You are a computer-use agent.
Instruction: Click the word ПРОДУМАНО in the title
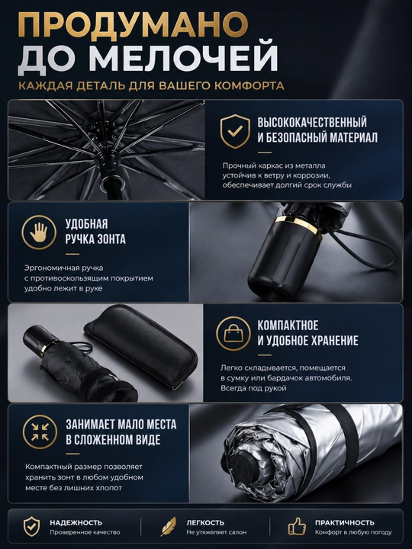133,25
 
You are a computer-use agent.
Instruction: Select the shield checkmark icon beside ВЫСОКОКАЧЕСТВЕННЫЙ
235,131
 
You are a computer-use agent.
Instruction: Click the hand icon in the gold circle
39,232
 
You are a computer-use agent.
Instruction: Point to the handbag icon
233,334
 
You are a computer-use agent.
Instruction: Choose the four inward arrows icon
40,432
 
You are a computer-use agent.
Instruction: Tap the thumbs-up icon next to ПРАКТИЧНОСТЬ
297,526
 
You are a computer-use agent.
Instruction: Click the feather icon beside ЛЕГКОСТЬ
169,526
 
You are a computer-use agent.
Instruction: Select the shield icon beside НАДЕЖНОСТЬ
31,526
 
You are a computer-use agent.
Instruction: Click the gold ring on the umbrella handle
298,227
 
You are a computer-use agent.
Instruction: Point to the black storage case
140,345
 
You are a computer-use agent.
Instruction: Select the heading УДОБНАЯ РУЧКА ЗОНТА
95,232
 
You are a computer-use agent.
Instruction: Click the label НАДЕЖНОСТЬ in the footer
76,522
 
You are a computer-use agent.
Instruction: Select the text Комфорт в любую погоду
353,532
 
